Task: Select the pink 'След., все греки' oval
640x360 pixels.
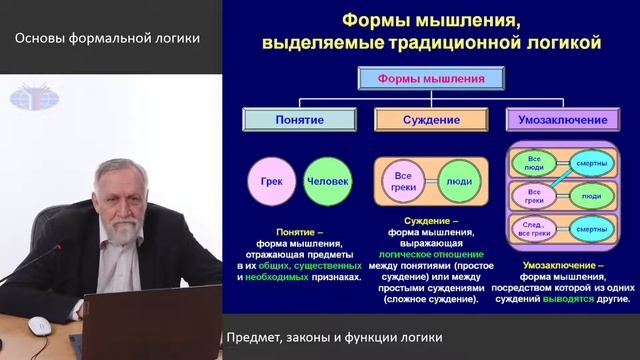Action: coord(535,231)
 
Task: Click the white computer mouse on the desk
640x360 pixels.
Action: coord(39,324)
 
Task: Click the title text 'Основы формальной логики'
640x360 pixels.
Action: coord(107,39)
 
